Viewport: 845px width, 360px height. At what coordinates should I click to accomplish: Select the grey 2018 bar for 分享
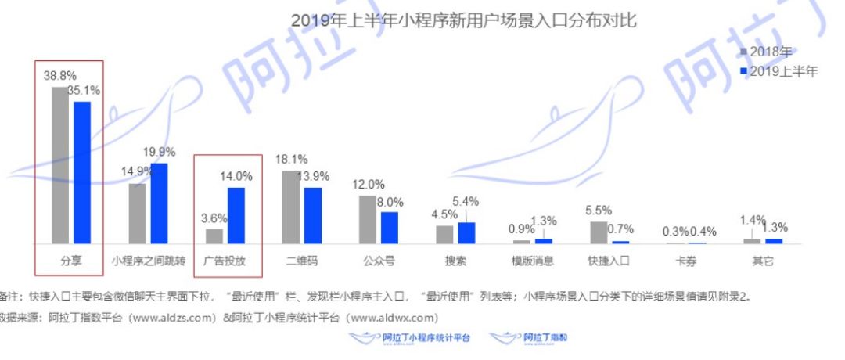coord(59,165)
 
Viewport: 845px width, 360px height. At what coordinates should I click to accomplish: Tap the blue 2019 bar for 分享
coord(81,172)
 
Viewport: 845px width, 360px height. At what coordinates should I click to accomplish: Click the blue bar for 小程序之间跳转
coord(159,203)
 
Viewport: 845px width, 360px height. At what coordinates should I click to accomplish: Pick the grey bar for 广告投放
coord(214,236)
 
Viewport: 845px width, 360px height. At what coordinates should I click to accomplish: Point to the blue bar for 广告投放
coord(236,215)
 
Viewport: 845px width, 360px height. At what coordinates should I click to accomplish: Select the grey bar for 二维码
coord(290,207)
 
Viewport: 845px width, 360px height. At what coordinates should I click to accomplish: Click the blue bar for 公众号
coord(389,227)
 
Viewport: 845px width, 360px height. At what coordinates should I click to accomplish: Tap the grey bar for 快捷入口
coord(599,232)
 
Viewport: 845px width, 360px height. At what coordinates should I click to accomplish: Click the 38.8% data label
coord(59,77)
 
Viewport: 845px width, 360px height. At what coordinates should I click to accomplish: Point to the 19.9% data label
coord(160,152)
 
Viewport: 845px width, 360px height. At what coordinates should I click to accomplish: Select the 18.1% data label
coord(291,160)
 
